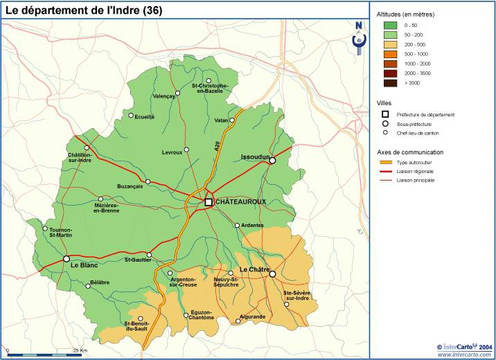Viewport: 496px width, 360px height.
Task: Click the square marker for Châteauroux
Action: click(209, 201)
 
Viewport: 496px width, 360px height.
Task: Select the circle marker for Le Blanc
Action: click(67, 259)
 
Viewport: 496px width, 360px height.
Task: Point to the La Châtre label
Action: click(254, 269)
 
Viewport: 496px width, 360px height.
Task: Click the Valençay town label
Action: click(164, 96)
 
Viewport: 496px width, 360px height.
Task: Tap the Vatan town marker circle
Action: click(233, 120)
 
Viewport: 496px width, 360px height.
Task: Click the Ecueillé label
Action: click(145, 117)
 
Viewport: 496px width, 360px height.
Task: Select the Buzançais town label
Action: click(130, 186)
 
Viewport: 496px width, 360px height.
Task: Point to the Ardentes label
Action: click(253, 225)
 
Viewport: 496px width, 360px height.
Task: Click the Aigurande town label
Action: click(252, 316)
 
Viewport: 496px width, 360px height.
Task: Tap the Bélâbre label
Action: click(100, 282)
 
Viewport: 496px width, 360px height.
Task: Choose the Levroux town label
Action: click(172, 152)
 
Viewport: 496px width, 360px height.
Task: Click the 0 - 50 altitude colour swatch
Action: click(390, 24)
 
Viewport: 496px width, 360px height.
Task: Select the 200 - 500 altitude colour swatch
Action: click(390, 44)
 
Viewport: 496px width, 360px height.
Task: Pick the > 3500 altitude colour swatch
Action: click(390, 82)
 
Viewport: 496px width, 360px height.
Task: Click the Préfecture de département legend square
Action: click(385, 114)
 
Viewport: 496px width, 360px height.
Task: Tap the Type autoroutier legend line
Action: click(385, 161)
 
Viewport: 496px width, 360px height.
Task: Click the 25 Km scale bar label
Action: click(80, 350)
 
